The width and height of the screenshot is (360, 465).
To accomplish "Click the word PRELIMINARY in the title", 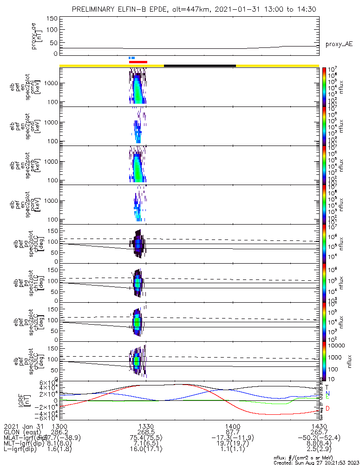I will (x=96, y=9).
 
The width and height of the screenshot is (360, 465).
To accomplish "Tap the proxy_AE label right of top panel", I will (x=339, y=45).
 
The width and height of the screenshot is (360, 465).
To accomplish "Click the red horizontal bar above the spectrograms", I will (x=138, y=61).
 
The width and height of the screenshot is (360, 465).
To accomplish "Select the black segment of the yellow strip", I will (x=200, y=66).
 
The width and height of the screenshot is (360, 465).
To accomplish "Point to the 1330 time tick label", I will (x=146, y=425).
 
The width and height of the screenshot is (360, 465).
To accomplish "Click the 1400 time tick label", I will (x=232, y=425).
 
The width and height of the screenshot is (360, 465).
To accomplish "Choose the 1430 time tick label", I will (x=319, y=425).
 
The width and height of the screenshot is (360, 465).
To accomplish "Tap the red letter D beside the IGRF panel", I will (x=327, y=409).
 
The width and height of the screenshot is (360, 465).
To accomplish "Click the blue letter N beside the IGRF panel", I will (x=327, y=393).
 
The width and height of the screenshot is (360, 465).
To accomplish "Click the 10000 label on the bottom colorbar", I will (x=336, y=345).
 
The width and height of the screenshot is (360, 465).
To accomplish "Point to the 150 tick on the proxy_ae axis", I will (x=52, y=18).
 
